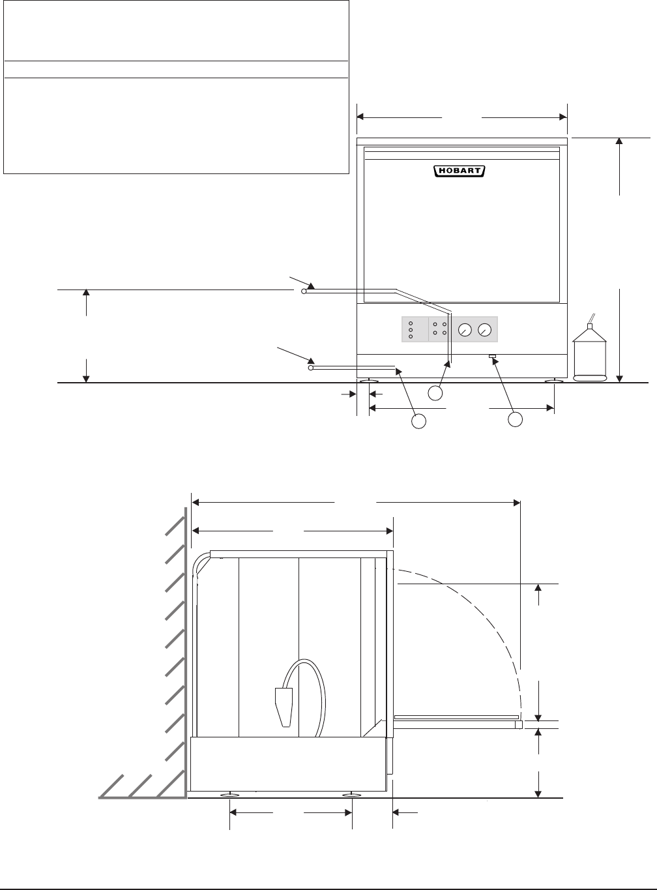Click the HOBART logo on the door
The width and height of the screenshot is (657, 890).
pyautogui.click(x=460, y=171)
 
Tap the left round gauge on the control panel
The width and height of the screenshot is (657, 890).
pyautogui.click(x=465, y=330)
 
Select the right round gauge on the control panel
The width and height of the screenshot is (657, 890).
pyautogui.click(x=484, y=330)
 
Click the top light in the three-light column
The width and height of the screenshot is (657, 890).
pyautogui.click(x=411, y=323)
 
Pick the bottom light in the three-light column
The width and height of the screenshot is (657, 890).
pyautogui.click(x=411, y=336)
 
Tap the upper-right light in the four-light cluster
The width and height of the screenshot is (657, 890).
pyautogui.click(x=445, y=324)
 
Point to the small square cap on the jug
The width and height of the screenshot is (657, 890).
pyautogui.click(x=590, y=327)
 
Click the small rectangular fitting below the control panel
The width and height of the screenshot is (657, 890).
pyautogui.click(x=492, y=356)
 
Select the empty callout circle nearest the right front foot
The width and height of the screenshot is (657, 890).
pyautogui.click(x=516, y=420)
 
